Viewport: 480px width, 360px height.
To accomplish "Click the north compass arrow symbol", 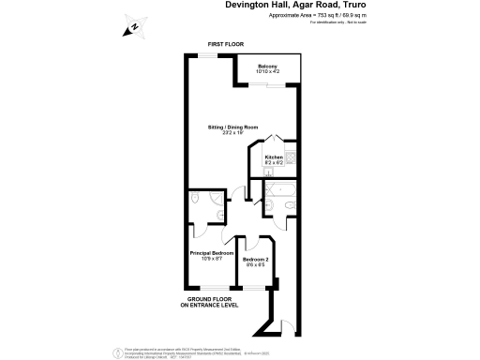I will click(x=132, y=27).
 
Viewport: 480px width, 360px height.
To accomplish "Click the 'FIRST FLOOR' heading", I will click(x=226, y=45).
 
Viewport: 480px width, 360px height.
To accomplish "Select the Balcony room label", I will click(x=267, y=66).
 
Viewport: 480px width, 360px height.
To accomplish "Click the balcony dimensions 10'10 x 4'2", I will click(x=267, y=71).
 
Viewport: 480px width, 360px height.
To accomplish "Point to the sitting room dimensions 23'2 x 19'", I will click(x=232, y=132).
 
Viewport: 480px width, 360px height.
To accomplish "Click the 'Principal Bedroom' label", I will click(x=212, y=253).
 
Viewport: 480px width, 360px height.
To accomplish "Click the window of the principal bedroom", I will click(x=208, y=286).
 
